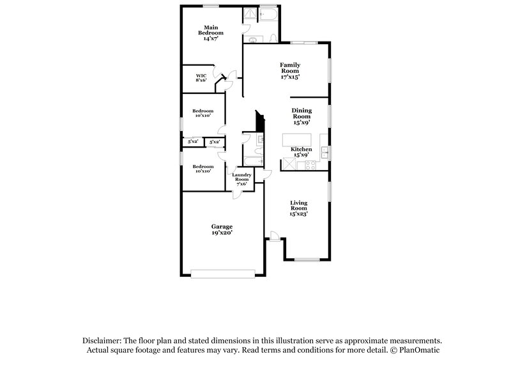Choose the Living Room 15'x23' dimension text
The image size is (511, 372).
coord(299,214)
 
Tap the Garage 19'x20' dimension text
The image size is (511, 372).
coord(222,233)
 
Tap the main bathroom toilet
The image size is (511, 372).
coord(273,38)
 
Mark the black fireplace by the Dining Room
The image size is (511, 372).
coord(260,121)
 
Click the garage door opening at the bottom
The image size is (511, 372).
coord(222,275)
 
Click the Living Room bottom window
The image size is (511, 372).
coord(306,259)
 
